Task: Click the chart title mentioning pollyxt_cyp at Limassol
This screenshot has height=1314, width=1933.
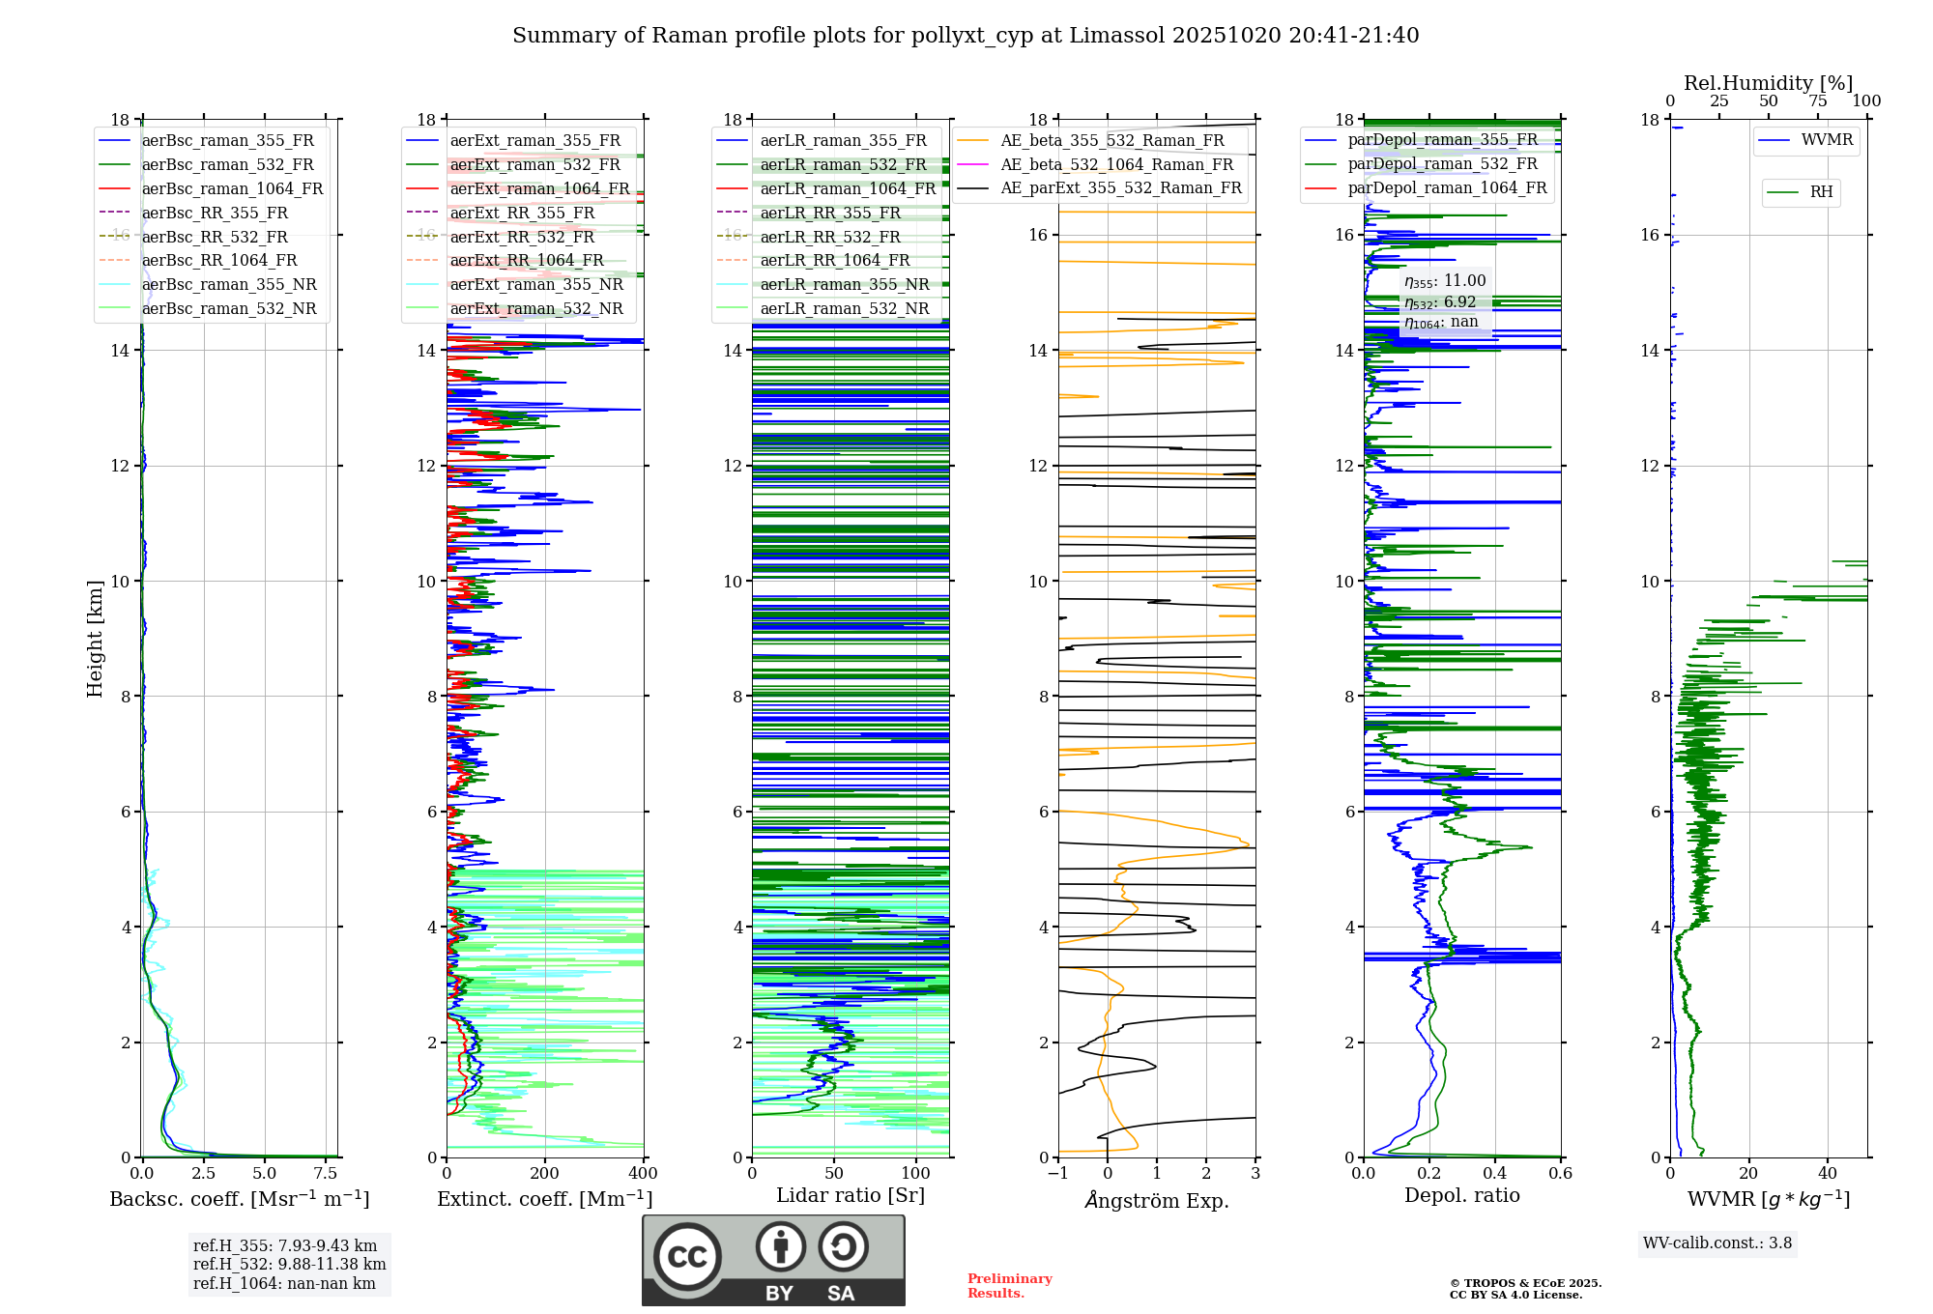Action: tap(966, 36)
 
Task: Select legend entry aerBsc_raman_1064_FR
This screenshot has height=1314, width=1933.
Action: tap(232, 189)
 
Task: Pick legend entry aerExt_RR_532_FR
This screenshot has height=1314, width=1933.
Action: tap(522, 237)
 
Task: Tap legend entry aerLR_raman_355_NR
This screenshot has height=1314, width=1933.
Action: tap(844, 285)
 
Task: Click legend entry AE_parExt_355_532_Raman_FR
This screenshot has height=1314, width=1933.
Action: tap(1120, 188)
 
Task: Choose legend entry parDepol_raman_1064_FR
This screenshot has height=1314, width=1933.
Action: tap(1447, 188)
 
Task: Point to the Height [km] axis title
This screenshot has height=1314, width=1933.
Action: tap(95, 639)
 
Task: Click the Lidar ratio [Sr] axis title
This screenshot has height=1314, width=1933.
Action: tap(851, 1196)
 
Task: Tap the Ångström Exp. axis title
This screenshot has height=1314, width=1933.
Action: tap(1157, 1201)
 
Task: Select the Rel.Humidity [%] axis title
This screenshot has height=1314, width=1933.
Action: tap(1768, 83)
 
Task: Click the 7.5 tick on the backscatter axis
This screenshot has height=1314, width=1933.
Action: tap(326, 1174)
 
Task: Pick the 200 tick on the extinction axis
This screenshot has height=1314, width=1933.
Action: tap(545, 1174)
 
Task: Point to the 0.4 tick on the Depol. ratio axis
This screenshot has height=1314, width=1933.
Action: tap(1495, 1174)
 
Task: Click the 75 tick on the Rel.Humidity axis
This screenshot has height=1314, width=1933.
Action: tap(1818, 101)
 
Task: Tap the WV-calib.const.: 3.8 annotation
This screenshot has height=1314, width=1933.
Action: tap(1717, 1243)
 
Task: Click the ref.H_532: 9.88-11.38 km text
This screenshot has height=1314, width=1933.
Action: tap(289, 1265)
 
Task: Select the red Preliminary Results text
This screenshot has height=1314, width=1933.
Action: tap(1009, 1286)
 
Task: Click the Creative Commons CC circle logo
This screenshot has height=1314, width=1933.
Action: tap(687, 1257)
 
